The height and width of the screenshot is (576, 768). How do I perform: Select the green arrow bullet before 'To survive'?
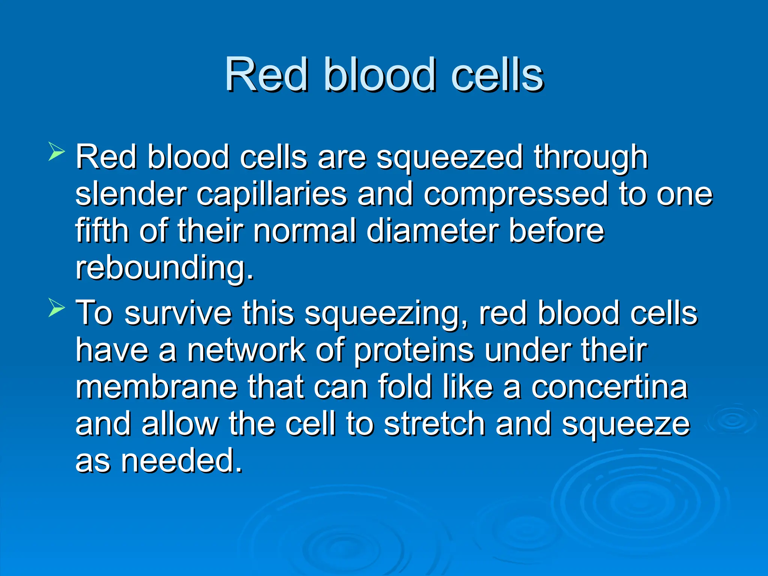[x=56, y=309]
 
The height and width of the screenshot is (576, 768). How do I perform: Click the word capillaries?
[x=271, y=194]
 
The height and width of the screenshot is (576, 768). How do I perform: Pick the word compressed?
[x=516, y=194]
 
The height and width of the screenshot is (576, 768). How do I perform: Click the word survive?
[x=178, y=313]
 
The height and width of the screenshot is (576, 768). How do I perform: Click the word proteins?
[x=414, y=351]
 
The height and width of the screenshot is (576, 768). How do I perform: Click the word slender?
[x=131, y=194]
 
